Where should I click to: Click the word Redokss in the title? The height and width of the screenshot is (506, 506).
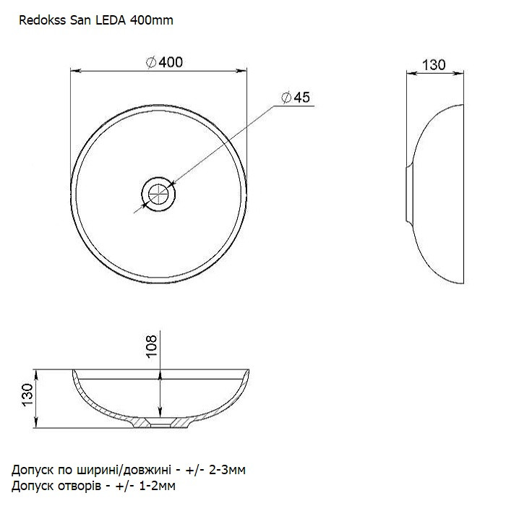point(43,20)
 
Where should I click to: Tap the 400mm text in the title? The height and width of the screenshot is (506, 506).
point(151,20)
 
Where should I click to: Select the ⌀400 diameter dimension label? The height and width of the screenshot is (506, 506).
point(165,62)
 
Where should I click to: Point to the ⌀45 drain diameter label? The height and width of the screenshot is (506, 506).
point(296,97)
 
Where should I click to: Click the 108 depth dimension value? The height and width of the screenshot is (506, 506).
point(151,346)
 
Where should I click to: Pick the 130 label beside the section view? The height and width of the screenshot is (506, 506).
point(27,395)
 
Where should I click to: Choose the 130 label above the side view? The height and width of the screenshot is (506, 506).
point(434,65)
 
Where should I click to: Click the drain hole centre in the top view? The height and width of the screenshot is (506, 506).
point(158,194)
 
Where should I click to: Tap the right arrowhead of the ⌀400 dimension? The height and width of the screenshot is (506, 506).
point(242,71)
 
